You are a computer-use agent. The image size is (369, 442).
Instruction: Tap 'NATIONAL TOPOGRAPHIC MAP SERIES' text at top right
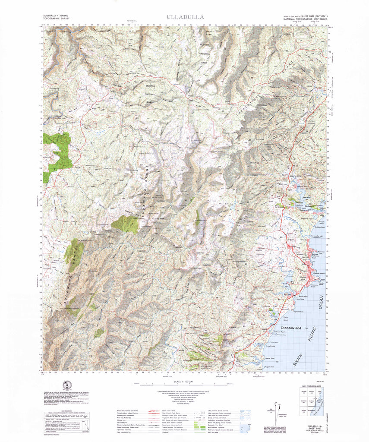[304, 20]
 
